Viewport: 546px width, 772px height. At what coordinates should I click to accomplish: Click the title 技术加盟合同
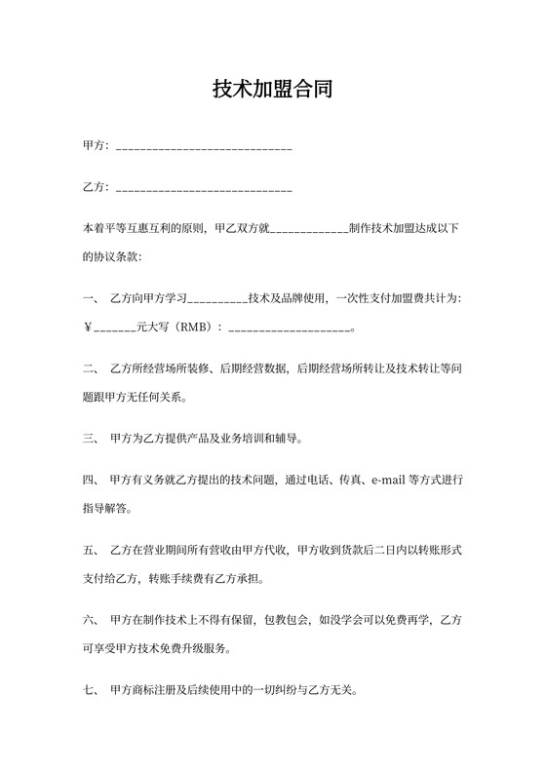[x=273, y=91]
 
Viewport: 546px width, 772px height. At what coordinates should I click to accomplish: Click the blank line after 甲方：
[x=204, y=147]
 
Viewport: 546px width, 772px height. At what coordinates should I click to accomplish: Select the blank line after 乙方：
[x=204, y=188]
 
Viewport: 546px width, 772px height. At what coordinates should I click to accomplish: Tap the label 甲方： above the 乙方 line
[x=97, y=146]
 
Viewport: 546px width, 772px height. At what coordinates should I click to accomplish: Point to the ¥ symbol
[x=88, y=328]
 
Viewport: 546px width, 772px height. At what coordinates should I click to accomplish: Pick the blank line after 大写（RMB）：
[x=288, y=329]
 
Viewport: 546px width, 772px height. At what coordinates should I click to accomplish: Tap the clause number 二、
[x=90, y=369]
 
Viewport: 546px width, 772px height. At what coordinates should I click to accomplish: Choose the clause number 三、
[x=90, y=439]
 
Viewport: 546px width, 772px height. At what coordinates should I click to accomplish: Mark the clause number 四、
[x=90, y=480]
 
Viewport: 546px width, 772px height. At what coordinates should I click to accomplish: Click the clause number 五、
[x=90, y=550]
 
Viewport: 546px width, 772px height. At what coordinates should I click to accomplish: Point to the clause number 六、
[x=90, y=619]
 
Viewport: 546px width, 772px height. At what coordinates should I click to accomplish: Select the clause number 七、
[x=90, y=688]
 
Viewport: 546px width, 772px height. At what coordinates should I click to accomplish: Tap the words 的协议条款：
[x=112, y=258]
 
